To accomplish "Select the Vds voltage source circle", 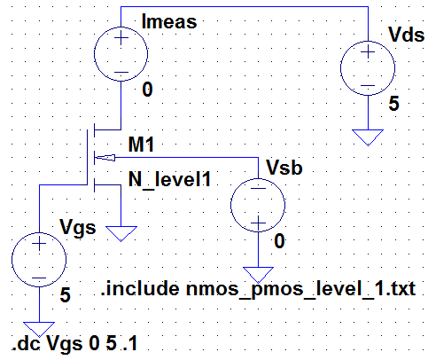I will pos(365,69).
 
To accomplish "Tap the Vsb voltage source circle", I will pos(255,209).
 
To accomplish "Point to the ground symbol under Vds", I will pos(365,137).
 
